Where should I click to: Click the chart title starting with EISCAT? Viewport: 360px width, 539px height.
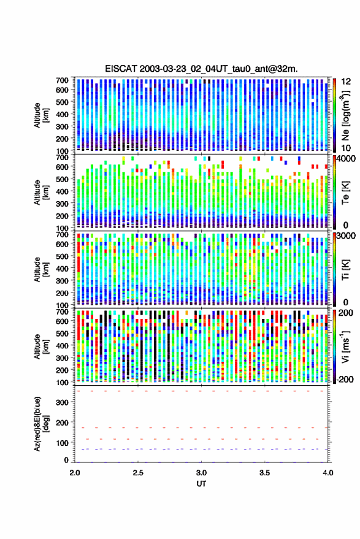[201, 69]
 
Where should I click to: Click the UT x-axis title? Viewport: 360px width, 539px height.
[201, 484]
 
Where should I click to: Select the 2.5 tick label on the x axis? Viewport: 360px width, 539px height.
[138, 473]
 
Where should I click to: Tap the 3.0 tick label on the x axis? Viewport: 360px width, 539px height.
[201, 473]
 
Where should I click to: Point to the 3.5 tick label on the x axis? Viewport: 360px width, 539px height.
[264, 473]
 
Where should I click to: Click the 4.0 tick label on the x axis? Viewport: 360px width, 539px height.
[327, 473]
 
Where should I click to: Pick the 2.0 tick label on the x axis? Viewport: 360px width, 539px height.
[75, 473]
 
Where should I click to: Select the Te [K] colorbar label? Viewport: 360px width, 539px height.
[345, 193]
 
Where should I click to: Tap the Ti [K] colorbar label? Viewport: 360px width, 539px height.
[345, 270]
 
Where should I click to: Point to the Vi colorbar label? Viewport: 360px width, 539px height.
[345, 346]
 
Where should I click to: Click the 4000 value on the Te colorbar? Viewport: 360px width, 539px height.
[346, 159]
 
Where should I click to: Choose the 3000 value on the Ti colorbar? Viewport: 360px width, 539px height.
[346, 236]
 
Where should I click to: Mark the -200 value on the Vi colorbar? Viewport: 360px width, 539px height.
[345, 379]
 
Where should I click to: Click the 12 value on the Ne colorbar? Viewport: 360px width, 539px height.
[346, 82]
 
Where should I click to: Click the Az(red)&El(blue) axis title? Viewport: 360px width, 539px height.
[41, 424]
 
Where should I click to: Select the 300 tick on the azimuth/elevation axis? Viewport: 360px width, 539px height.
[62, 402]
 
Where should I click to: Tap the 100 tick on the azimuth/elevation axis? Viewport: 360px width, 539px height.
[62, 443]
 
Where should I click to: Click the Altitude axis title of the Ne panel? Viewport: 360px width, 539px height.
[41, 115]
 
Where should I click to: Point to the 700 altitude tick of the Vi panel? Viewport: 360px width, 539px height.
[62, 312]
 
